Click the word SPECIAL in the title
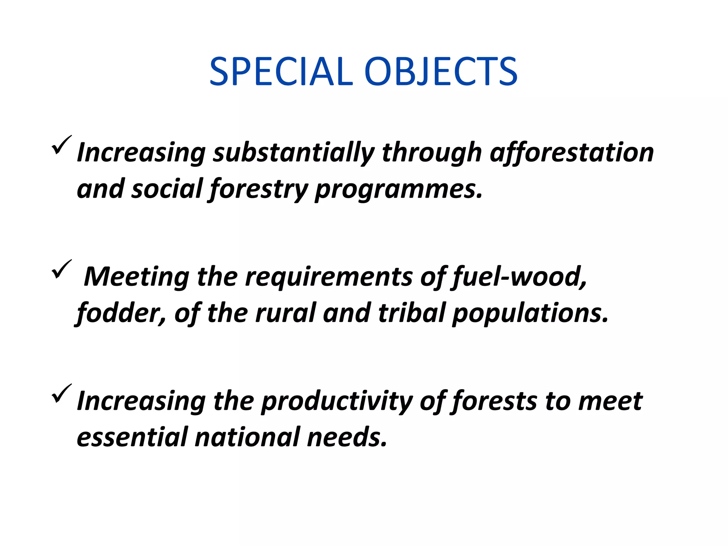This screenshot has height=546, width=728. [281, 72]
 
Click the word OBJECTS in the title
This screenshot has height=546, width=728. [441, 72]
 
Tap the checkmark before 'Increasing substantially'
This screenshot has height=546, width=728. [61, 145]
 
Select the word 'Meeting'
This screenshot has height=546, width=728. [136, 277]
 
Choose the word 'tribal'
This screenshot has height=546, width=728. [412, 313]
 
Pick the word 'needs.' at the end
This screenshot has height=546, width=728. [347, 437]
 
